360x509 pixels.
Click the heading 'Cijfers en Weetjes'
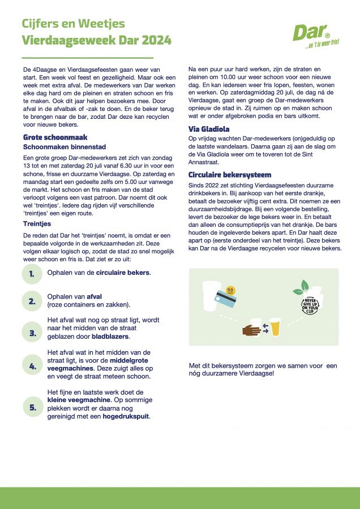[x=73, y=24]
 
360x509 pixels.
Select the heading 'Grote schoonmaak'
[x=55, y=137]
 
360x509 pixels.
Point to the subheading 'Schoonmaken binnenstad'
[x=61, y=146]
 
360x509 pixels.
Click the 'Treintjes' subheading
[x=37, y=224]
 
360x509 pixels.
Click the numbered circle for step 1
[x=32, y=274]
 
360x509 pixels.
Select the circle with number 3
[x=32, y=333]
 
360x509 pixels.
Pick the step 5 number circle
[x=32, y=406]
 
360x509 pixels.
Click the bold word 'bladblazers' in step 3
[x=110, y=337]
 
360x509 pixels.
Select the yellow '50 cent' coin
[x=230, y=291]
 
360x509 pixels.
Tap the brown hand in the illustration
[x=252, y=329]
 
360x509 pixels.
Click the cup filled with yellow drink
[x=275, y=326]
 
